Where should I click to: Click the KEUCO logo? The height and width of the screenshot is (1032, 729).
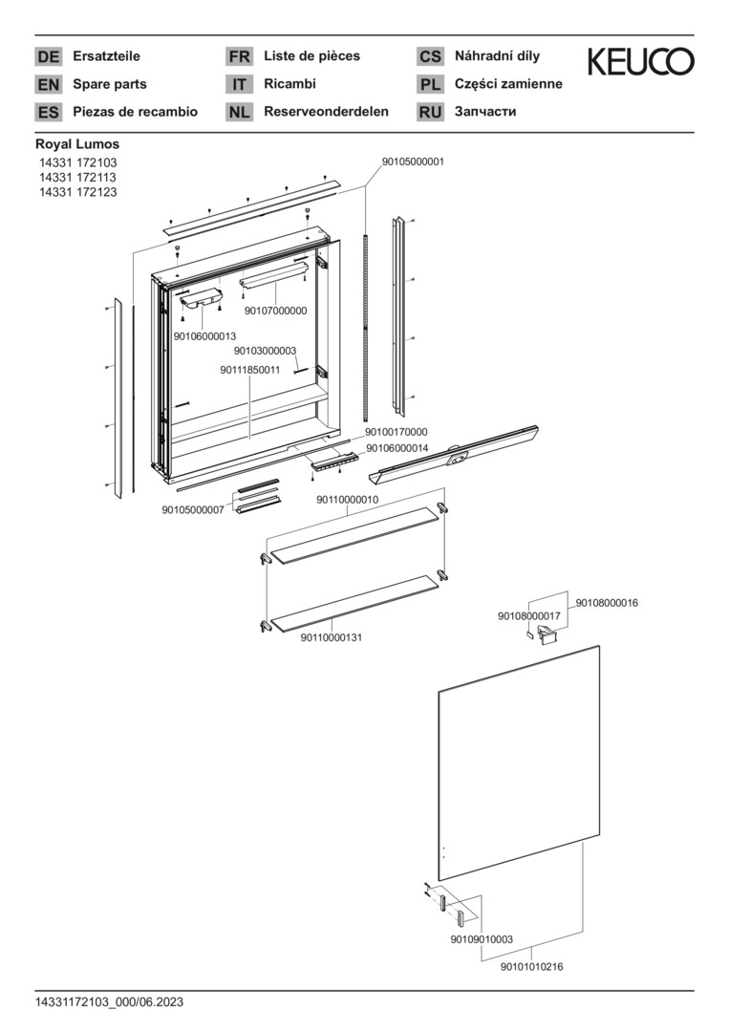(640, 61)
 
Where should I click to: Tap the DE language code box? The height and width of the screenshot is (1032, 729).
(48, 56)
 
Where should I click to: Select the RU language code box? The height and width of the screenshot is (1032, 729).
(430, 112)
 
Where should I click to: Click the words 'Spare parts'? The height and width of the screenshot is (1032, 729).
(109, 84)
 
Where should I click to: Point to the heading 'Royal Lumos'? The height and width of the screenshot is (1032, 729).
(77, 144)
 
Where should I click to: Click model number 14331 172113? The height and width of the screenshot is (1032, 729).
(77, 177)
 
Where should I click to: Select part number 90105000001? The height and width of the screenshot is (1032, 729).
(413, 161)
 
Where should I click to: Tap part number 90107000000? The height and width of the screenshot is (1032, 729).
(276, 311)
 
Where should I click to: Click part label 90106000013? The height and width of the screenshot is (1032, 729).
(204, 336)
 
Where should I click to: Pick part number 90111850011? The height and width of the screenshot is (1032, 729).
(250, 370)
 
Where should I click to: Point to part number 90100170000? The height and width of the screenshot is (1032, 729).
(397, 432)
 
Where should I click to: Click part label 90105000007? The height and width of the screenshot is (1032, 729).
(193, 509)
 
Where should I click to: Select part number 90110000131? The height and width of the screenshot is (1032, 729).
(332, 637)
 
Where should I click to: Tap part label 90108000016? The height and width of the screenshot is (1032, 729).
(607, 602)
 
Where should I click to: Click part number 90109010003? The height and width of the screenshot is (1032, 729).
(482, 939)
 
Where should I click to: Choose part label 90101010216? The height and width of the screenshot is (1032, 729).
(531, 967)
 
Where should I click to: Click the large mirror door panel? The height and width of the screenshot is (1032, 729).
(519, 763)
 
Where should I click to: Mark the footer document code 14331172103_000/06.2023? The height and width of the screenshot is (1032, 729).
(109, 1002)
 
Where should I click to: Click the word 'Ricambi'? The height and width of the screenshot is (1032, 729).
(290, 84)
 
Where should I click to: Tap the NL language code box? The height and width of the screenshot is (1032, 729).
(239, 112)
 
